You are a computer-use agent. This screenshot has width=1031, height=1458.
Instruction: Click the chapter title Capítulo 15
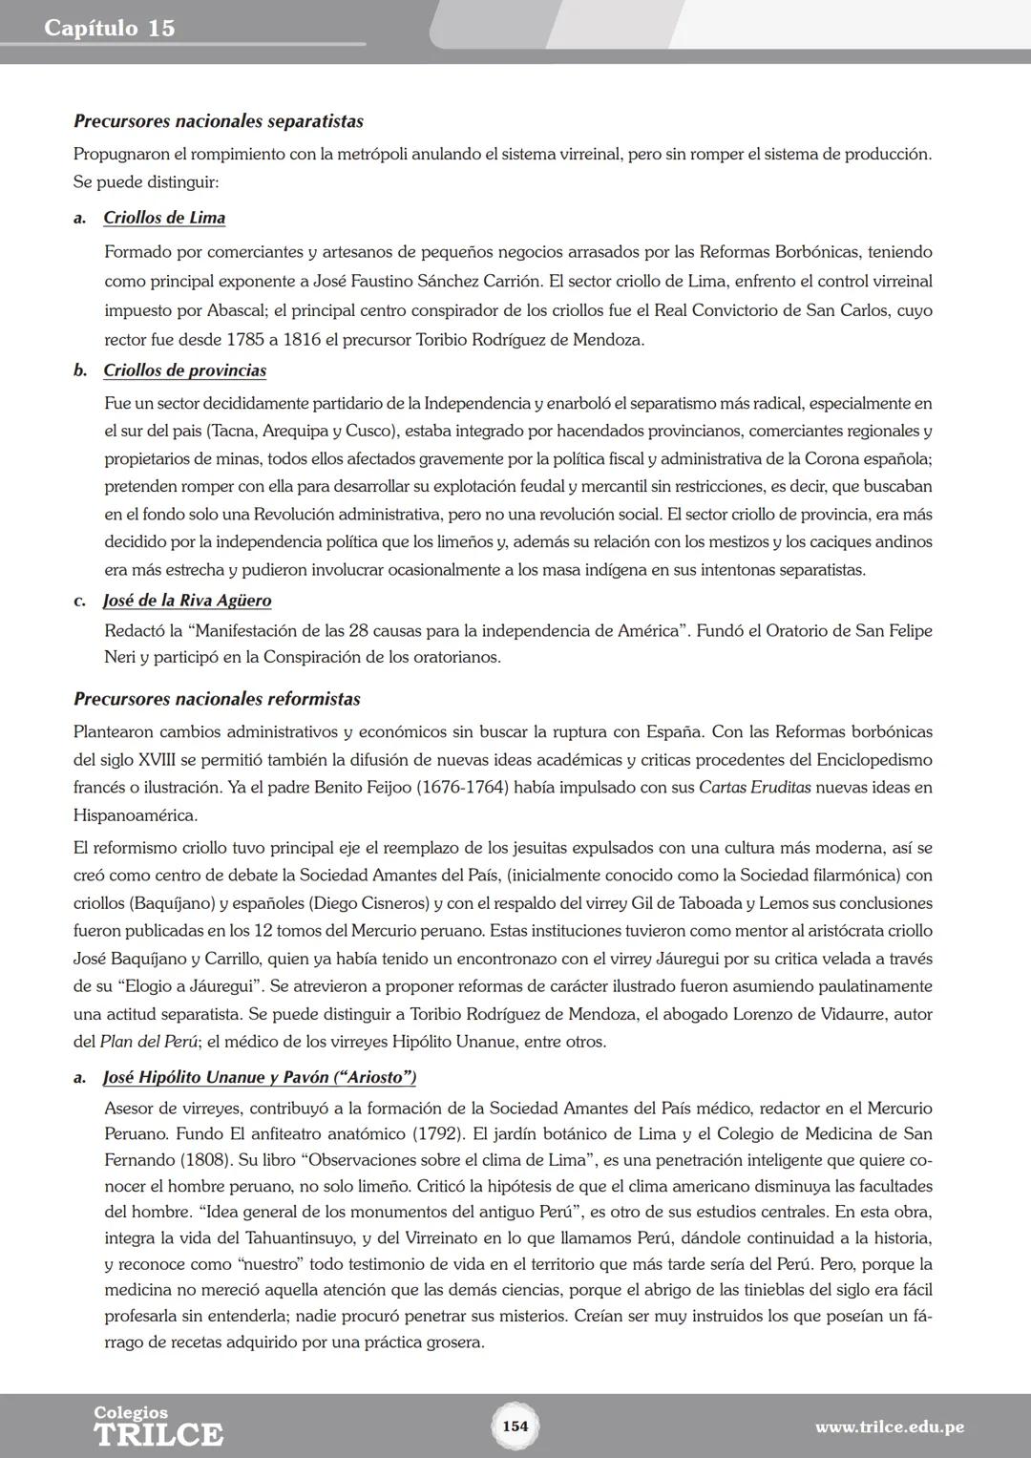click(x=109, y=28)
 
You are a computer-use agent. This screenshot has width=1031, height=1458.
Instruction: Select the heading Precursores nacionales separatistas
click(x=218, y=121)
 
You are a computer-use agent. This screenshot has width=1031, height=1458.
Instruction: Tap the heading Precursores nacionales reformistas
click(x=217, y=699)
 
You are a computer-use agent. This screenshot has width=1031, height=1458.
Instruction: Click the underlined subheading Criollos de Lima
click(x=164, y=218)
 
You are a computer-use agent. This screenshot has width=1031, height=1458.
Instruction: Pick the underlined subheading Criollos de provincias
click(x=184, y=370)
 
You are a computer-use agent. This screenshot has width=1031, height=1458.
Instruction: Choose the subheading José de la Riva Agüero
click(x=187, y=601)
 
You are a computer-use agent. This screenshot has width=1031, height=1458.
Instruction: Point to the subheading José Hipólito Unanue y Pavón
click(x=259, y=1077)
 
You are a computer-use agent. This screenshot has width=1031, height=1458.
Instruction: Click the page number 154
click(x=515, y=1426)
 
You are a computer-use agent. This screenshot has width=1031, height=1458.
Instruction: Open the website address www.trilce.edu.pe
click(x=889, y=1427)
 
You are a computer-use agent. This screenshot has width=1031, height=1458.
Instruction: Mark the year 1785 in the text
click(x=247, y=340)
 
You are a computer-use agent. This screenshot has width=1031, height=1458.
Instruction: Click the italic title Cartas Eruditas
click(x=754, y=788)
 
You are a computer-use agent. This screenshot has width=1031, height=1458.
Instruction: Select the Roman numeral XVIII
click(x=151, y=760)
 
